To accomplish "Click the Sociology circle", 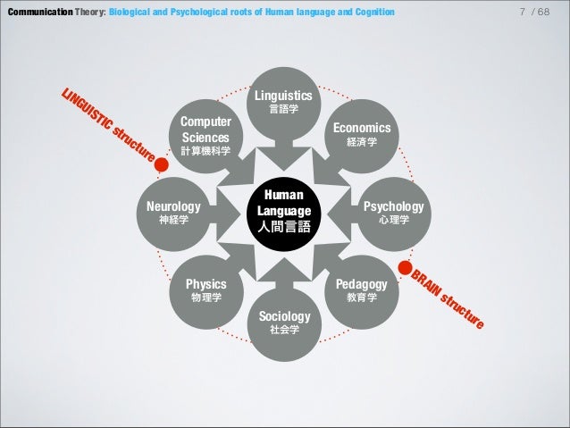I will pos(284,322).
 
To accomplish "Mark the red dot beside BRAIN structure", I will pos(405,265).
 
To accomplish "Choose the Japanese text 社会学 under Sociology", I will pos(284,331).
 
